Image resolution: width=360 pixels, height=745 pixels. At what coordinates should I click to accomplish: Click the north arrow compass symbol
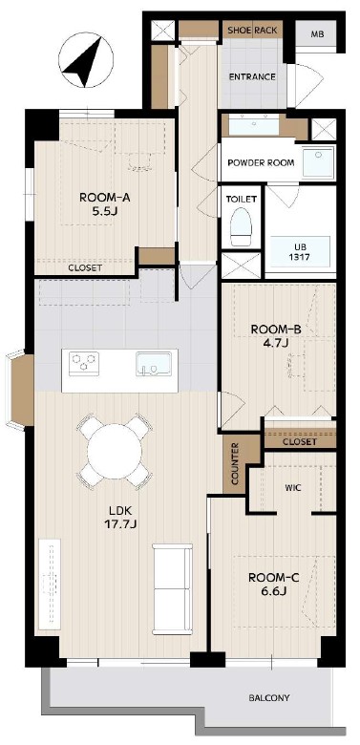coord(86,60)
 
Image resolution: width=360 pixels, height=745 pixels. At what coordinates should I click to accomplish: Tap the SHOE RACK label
coord(252,31)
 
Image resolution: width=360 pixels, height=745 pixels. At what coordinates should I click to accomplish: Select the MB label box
coord(316,34)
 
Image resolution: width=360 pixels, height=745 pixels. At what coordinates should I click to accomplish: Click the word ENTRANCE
coord(252,77)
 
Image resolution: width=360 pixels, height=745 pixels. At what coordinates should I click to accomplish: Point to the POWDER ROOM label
coord(261,162)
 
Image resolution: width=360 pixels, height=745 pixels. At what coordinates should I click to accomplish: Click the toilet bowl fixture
coord(241,226)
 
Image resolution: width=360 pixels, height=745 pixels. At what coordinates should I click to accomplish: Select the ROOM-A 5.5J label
coord(104,203)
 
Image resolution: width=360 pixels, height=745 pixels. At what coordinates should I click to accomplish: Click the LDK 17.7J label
coord(119,518)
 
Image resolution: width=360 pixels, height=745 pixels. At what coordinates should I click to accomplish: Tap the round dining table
coord(115,451)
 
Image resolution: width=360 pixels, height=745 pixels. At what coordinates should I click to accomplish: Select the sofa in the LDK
coord(173,589)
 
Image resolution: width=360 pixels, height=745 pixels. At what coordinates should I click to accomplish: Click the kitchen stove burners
coord(84,364)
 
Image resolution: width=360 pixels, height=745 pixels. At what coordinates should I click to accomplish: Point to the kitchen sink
coord(154,364)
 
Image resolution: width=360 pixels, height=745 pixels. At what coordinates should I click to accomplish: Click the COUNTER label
coord(235,464)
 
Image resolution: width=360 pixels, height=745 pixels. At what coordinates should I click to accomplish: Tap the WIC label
coord(292,487)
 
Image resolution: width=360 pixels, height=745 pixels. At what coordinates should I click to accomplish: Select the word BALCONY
coord(269,698)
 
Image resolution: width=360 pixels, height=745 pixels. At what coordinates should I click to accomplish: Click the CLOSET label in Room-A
coord(85,268)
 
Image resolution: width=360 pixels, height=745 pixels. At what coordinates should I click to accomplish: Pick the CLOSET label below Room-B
coord(299,442)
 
